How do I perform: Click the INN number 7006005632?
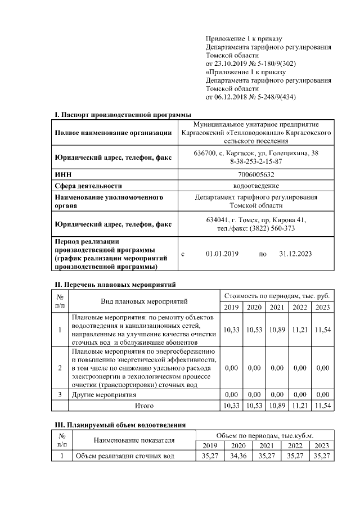click(256, 175)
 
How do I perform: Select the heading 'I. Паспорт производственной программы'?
click(123, 115)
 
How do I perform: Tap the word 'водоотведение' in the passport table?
click(256, 186)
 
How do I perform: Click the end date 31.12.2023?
click(295, 254)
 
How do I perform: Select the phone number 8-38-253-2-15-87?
click(256, 161)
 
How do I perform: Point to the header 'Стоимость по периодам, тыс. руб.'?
click(277, 295)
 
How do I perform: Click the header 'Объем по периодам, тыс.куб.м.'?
click(264, 436)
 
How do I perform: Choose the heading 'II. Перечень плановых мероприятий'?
click(115, 284)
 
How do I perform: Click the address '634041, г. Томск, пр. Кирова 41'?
click(256, 220)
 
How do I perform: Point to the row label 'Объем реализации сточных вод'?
click(125, 456)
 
